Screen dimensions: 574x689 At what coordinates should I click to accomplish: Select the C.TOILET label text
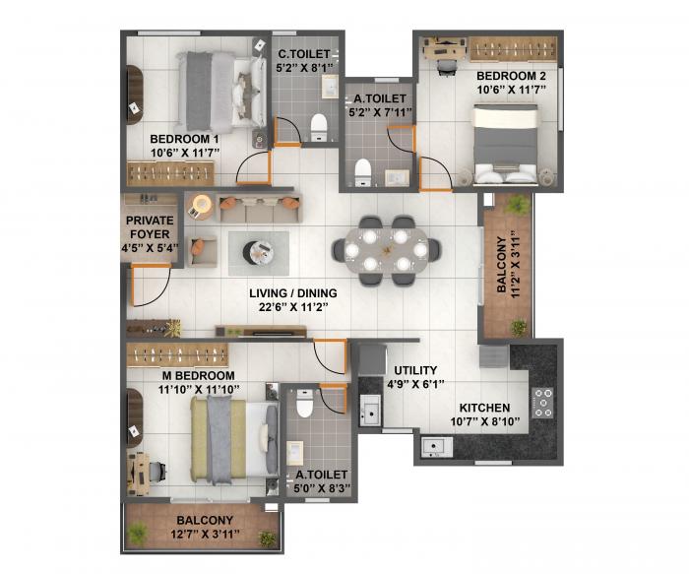305,55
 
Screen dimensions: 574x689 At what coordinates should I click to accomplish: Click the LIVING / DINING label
292,292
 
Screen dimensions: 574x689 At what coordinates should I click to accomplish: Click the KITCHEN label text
484,408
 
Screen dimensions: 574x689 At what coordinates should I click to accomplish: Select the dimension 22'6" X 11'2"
292,307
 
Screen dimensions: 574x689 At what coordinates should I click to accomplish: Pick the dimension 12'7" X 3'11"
205,536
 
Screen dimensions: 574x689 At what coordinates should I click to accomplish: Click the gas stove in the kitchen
542,399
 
